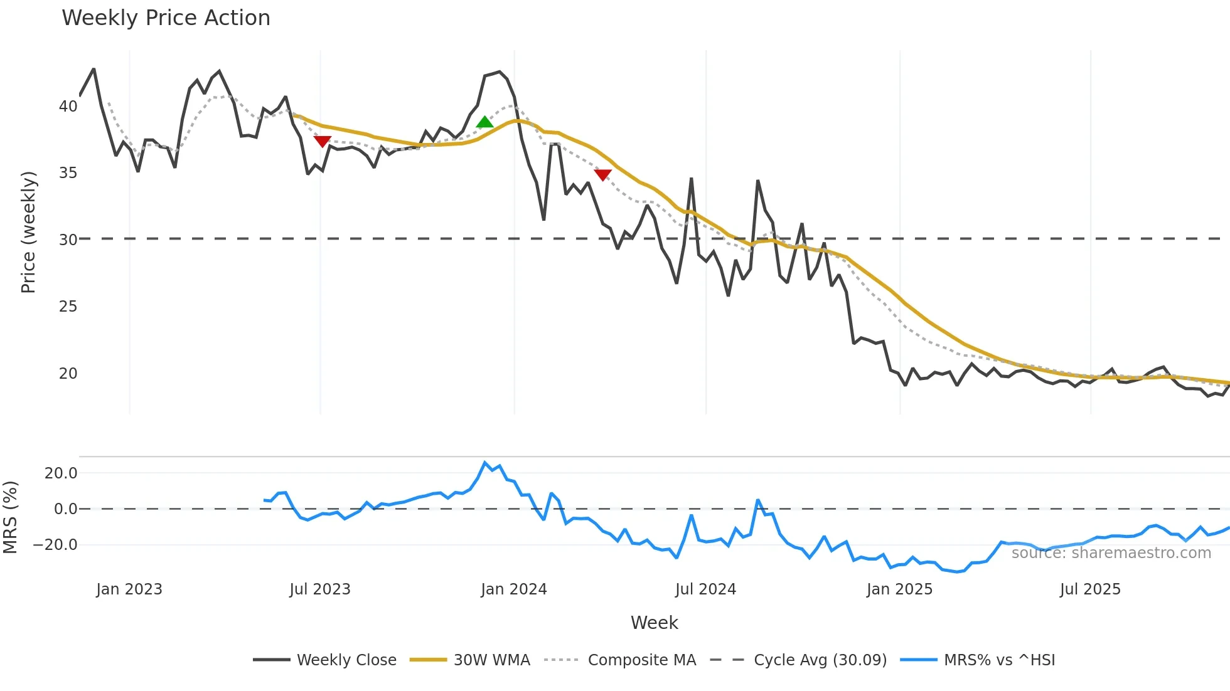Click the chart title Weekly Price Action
pos(166,18)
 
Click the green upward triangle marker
pos(484,122)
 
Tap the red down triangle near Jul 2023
pos(323,141)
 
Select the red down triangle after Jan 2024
pos(602,174)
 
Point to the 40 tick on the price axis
pos(68,107)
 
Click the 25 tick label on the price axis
pos(68,307)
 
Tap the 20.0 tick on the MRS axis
pos(61,473)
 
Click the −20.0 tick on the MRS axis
pos(55,545)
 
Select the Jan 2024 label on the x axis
pos(514,589)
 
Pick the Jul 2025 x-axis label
pos(1090,589)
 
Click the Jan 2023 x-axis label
pos(129,589)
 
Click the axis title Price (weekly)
pos(28,232)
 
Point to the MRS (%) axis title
pos(10,517)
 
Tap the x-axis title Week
pos(654,623)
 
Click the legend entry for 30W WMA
pos(491,660)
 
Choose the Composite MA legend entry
pos(641,660)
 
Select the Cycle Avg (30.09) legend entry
pos(820,660)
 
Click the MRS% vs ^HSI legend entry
pos(999,660)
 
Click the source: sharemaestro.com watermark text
pos(1111,553)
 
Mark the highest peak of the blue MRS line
pos(484,463)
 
